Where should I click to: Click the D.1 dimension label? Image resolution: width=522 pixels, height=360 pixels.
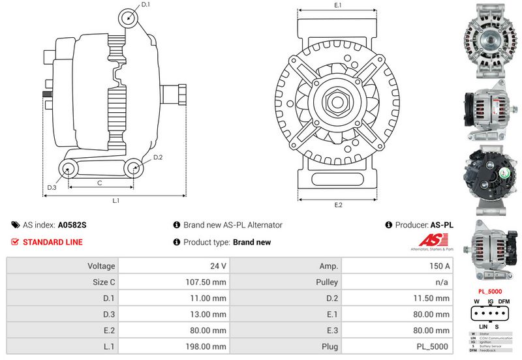click(146, 5)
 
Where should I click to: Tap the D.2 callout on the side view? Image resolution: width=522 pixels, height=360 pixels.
click(158, 158)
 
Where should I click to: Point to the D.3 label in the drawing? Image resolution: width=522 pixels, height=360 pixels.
click(52, 188)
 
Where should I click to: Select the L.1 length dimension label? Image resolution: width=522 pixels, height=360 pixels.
click(115, 200)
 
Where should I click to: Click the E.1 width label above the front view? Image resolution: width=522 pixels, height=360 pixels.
click(338, 5)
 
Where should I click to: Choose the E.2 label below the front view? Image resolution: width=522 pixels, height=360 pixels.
click(338, 205)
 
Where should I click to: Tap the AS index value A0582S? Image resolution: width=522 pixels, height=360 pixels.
click(72, 225)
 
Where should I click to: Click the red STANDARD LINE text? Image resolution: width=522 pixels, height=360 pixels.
click(53, 242)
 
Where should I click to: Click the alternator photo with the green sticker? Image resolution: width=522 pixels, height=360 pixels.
click(489, 175)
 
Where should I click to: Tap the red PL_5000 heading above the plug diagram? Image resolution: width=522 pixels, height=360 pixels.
click(490, 291)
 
